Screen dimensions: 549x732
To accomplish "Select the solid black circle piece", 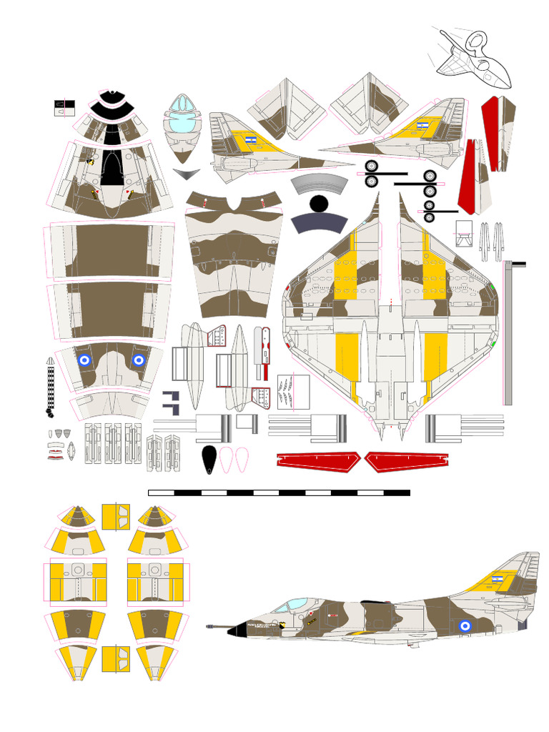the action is pos(319,204).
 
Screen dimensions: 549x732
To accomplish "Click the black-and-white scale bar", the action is pos(279,493).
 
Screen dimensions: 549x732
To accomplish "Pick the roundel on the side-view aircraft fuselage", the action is pos(465,626).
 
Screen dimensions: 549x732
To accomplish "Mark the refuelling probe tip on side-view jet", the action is pos(209,627).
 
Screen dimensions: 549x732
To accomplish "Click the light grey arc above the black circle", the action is pos(320,182).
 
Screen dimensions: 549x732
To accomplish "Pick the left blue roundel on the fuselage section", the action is pos(85,361).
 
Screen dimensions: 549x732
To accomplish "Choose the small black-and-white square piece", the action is pos(60,107).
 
